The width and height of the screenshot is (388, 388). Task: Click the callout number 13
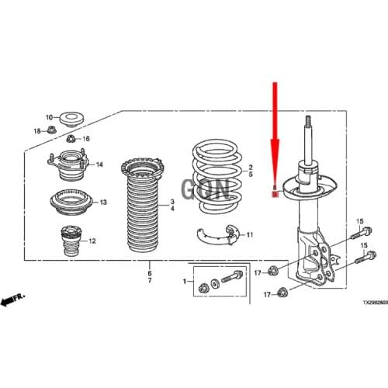click(103, 202)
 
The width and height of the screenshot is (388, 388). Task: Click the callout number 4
click(171, 210)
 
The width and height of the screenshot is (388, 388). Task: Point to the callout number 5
click(251, 175)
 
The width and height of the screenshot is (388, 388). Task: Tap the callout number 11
click(250, 233)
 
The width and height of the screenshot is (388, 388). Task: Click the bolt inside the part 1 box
click(234, 279)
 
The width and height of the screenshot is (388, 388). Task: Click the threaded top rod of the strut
click(308, 137)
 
